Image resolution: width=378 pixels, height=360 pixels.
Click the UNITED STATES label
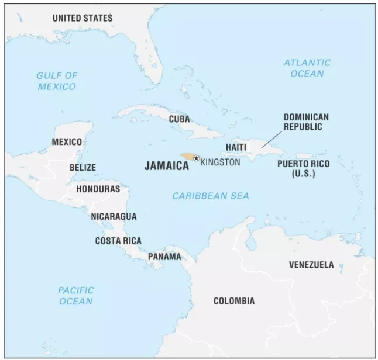coord(82,18)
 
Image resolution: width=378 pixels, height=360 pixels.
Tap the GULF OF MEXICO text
coord(56,81)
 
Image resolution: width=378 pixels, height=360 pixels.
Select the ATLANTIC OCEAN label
coord(307,68)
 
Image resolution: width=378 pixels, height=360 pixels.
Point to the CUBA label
coord(179,119)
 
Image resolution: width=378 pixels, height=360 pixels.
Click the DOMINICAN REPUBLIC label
coord(306,122)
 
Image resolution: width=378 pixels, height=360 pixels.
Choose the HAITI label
coord(236,148)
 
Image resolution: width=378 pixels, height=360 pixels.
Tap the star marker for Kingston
coord(196,158)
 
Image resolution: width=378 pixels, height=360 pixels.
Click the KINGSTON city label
coord(220,162)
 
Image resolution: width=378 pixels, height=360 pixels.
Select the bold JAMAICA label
coord(167,166)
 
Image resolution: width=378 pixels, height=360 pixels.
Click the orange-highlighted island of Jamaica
coord(187,157)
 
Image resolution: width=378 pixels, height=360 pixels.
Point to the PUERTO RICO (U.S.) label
coord(304,168)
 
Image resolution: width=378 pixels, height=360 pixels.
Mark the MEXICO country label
coord(67,142)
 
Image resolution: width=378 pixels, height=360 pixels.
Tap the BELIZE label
coord(82,167)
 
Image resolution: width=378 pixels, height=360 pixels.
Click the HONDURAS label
coord(98,189)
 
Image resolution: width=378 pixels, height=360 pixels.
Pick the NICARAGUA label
coord(114,216)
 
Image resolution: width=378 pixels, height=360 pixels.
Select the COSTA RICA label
coord(118,241)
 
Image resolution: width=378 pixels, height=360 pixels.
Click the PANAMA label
coord(164,257)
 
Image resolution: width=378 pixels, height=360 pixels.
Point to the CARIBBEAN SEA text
coord(211,196)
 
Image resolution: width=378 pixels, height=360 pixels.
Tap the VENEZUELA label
coord(311,265)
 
